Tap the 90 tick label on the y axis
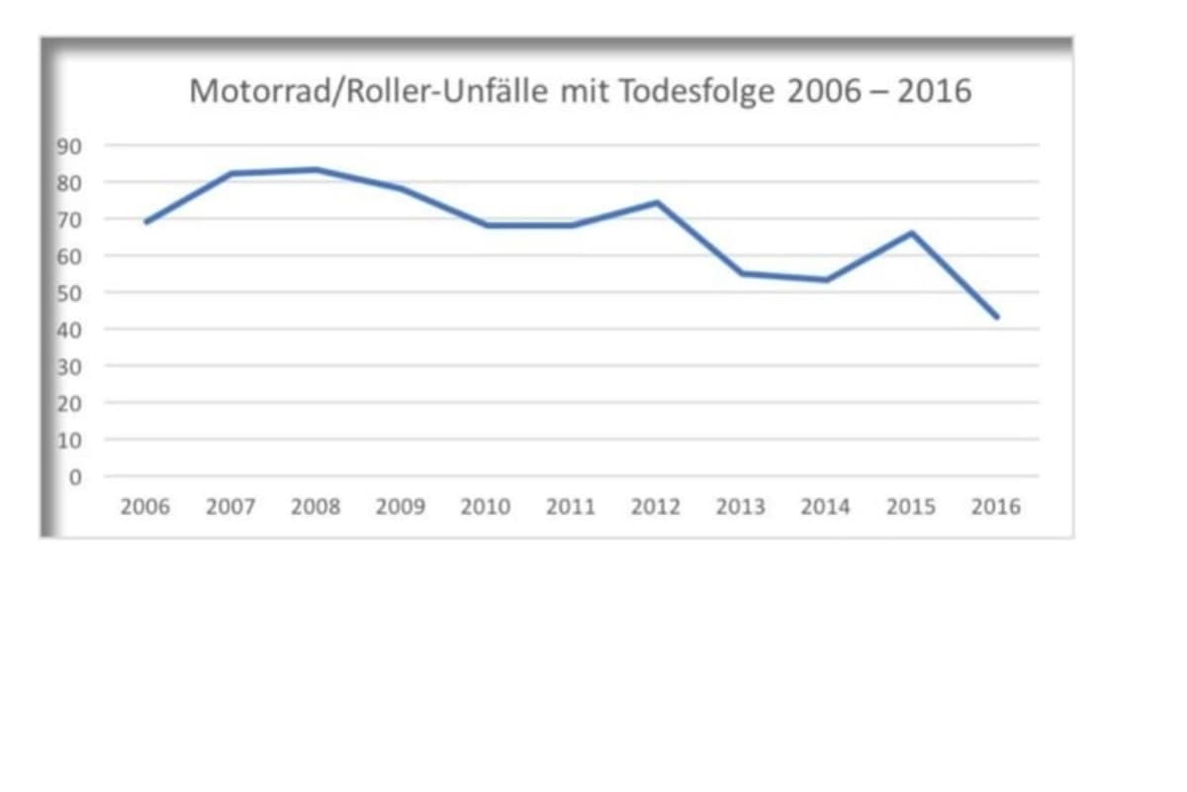pos(69,147)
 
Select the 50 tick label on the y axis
pos(69,293)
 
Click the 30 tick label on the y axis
pos(69,367)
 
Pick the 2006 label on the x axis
pos(144,507)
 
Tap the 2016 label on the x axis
pos(995,507)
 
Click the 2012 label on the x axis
pos(655,507)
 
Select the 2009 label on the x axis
pos(401,507)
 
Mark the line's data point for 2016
pos(996,317)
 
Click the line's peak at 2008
pos(316,169)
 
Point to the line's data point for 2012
pos(656,203)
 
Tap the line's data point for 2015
pos(911,233)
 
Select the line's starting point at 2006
pos(146,222)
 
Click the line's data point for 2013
pos(741,273)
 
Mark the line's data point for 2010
pos(486,226)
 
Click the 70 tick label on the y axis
pos(69,220)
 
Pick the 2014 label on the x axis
pos(825,507)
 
